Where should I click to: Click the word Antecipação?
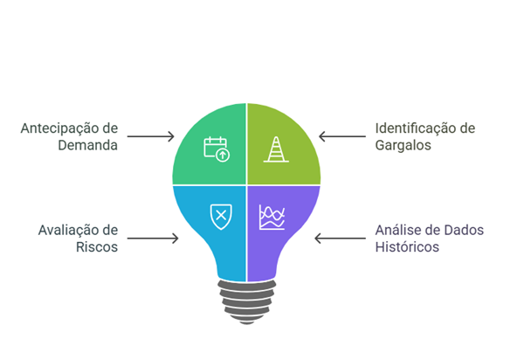61,129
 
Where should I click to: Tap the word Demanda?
88,145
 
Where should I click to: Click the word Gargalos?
403,146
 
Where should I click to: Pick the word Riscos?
97,247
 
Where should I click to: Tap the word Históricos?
407,247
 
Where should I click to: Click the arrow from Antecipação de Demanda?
150,136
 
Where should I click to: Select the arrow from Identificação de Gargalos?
342,136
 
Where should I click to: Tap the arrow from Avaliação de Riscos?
153,239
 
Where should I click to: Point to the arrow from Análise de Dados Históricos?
341,239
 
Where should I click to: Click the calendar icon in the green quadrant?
217,149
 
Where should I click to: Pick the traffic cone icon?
276,149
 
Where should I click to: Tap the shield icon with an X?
221,217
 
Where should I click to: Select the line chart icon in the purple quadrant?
272,218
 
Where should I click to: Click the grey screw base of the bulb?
247,301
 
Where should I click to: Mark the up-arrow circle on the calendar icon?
223,155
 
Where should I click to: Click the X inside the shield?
221,215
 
